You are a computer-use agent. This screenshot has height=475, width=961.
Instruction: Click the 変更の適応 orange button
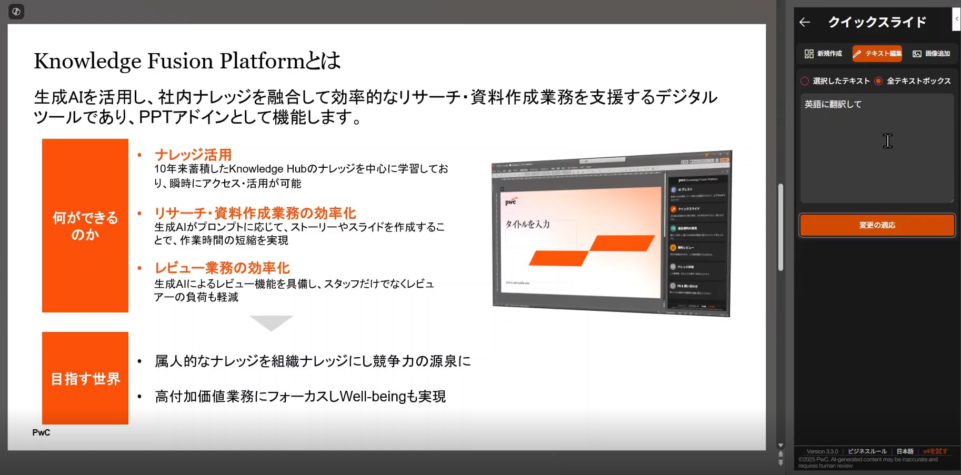(877, 225)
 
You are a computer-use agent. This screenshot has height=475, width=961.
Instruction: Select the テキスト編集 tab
(877, 54)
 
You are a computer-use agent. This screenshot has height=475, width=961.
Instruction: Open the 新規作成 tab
(823, 54)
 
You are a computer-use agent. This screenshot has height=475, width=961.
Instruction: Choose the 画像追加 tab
(931, 54)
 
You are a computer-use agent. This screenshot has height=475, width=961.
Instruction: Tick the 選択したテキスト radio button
(805, 81)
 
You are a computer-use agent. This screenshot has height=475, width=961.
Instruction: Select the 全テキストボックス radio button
(878, 81)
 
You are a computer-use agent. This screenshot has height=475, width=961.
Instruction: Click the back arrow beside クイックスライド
(805, 22)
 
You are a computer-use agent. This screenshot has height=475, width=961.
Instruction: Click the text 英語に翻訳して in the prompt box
(833, 104)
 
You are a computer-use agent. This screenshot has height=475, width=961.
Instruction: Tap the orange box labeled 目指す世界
(85, 378)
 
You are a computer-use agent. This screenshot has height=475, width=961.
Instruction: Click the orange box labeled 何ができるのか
(85, 226)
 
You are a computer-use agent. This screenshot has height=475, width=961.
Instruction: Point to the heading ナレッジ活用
(193, 155)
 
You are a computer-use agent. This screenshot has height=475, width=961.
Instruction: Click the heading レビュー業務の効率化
(222, 268)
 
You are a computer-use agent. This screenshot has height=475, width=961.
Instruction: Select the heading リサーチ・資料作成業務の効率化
(255, 213)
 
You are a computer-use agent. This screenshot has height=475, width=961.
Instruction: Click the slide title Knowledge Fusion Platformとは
(187, 61)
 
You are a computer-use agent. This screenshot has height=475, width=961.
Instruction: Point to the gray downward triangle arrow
(271, 322)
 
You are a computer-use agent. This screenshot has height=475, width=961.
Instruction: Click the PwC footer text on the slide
(41, 432)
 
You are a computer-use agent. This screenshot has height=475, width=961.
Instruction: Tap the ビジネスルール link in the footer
(867, 451)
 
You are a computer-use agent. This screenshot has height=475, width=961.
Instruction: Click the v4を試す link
(935, 451)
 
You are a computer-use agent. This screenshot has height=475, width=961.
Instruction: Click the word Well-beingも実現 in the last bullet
(393, 396)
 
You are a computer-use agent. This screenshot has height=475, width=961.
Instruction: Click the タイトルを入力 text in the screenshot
(528, 224)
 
